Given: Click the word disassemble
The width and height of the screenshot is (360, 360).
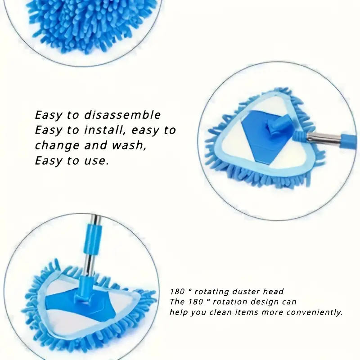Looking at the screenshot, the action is click(122, 115).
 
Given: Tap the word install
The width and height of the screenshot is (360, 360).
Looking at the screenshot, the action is click(105, 130).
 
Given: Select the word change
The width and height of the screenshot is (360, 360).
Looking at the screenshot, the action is click(57, 146).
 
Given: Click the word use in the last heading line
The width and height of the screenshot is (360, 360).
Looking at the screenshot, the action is click(96, 161).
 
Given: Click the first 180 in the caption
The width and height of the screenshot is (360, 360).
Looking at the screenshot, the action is click(177, 292).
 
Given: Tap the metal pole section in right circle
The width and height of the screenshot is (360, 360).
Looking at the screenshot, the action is click(324, 138).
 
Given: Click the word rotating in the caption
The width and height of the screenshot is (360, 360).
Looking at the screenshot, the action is click(211, 292).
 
